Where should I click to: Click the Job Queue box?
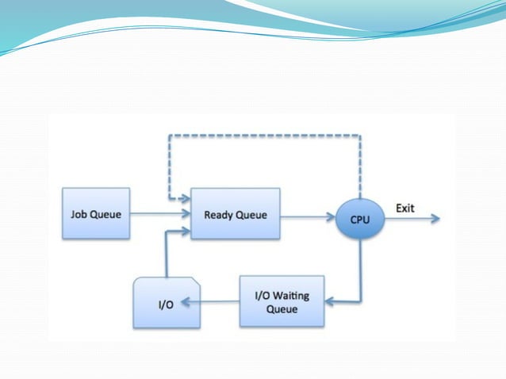point(95,213)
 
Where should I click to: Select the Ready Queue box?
point(236,213)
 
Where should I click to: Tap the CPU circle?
point(360,218)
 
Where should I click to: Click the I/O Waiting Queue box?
point(282,302)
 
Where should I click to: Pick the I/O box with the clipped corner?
point(167,303)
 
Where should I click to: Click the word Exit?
point(405,208)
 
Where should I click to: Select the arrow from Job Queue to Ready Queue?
point(159,213)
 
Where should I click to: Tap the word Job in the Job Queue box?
point(77,213)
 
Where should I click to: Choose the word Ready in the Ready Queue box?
point(219,214)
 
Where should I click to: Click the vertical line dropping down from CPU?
point(361,270)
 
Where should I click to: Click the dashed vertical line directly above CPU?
point(361,167)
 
